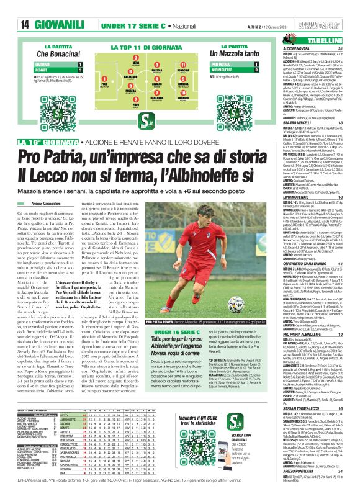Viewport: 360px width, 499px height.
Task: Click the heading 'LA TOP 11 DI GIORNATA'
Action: coord(148,47)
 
